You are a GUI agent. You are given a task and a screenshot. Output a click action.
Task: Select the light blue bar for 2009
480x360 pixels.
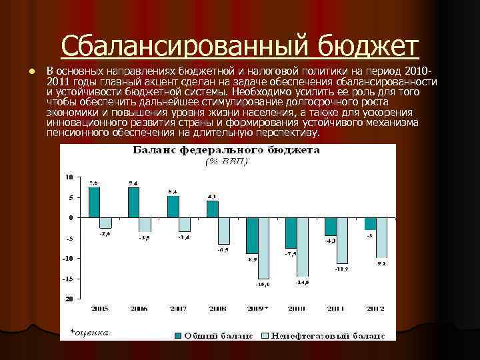click(263, 248)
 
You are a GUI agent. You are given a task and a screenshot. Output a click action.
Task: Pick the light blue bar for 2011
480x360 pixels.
click(342, 241)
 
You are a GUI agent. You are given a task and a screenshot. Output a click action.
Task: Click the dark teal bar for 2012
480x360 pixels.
click(369, 223)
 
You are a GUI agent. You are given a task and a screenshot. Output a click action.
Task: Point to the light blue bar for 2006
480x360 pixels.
click(145, 225)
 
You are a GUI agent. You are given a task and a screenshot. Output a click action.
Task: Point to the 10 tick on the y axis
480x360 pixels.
click(69, 177)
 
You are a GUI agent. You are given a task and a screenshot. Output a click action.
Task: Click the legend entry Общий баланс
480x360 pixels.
click(214, 334)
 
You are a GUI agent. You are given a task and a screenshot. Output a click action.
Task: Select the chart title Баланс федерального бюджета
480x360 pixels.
click(227, 150)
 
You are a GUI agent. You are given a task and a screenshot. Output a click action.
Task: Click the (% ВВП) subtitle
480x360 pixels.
click(225, 161)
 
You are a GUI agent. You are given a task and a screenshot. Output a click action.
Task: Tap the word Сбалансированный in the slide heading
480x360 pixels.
click(179, 47)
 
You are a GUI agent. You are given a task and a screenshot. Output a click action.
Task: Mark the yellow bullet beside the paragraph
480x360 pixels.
click(24, 71)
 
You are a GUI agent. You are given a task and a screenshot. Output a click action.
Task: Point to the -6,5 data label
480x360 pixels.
click(224, 249)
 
